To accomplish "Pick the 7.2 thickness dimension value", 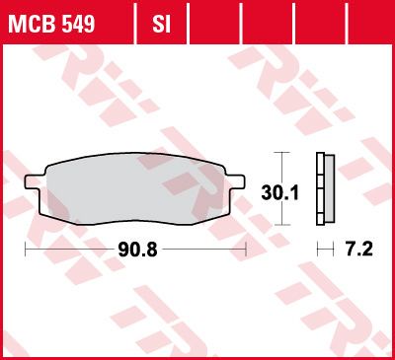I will [357, 250].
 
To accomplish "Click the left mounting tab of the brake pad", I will [33, 181].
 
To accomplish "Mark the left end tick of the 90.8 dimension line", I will [25, 250].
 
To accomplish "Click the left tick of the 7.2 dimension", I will [316, 250].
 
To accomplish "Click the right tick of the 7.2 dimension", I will [333, 250].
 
